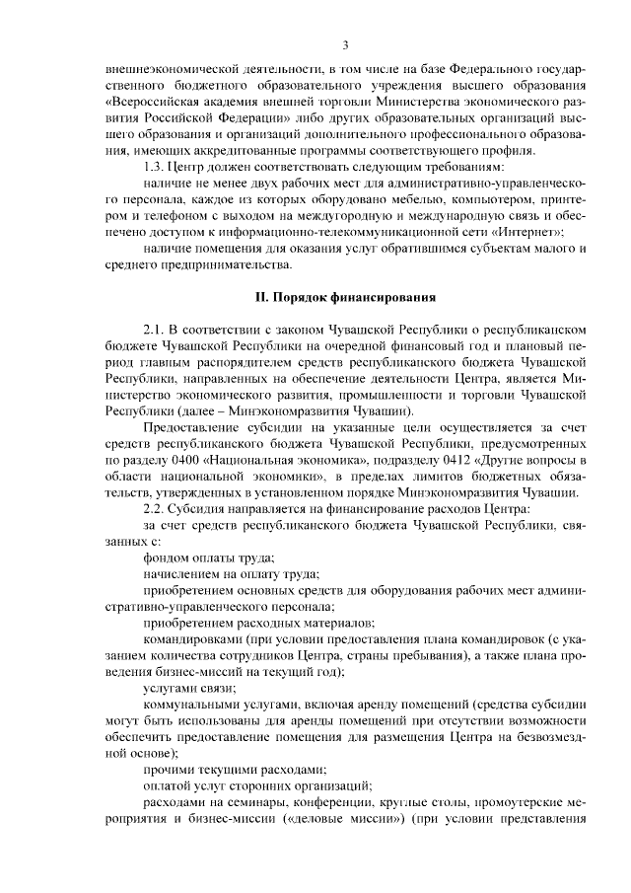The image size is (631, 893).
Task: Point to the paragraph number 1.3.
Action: [155, 166]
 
